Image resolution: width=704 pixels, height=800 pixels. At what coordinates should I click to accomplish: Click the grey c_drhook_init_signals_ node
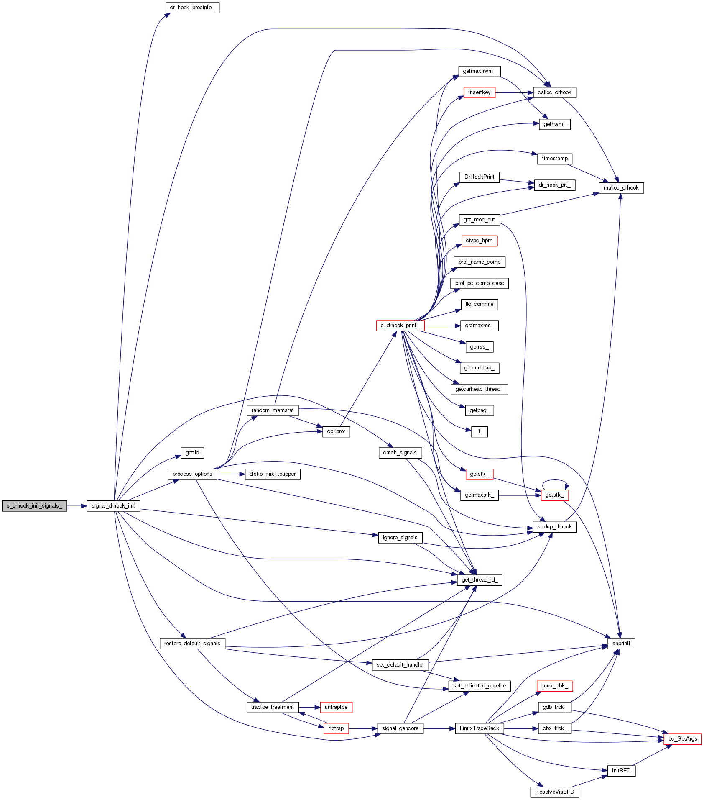click(34, 506)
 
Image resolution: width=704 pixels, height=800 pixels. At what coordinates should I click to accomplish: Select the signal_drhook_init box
click(113, 506)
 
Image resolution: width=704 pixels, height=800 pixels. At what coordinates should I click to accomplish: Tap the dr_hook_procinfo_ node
click(192, 8)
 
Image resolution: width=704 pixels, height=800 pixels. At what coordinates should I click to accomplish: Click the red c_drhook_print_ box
click(400, 326)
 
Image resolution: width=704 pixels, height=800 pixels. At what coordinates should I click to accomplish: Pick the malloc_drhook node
click(621, 188)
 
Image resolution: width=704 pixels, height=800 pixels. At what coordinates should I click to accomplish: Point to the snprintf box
click(621, 644)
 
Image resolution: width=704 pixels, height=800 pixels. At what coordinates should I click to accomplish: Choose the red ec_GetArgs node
click(682, 739)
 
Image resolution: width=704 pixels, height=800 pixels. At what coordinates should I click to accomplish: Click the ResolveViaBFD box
click(554, 792)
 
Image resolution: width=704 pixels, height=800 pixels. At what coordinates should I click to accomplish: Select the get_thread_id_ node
click(479, 580)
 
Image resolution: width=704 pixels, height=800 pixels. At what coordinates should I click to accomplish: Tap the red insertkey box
click(479, 92)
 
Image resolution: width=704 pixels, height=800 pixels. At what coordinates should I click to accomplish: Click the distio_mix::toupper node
click(272, 474)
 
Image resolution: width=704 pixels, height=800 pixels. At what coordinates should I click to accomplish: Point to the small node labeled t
click(479, 431)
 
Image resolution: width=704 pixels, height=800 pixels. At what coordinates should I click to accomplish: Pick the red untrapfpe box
click(336, 707)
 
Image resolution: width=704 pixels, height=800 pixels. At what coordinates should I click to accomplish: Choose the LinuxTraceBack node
click(479, 728)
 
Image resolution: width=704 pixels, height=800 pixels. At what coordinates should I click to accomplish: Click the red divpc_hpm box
click(479, 241)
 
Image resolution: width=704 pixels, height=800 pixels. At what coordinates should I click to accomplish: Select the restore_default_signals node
click(192, 644)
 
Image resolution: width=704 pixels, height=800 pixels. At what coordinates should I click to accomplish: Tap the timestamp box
click(554, 159)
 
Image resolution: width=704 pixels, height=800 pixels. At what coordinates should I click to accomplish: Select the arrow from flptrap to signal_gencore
click(363, 728)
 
